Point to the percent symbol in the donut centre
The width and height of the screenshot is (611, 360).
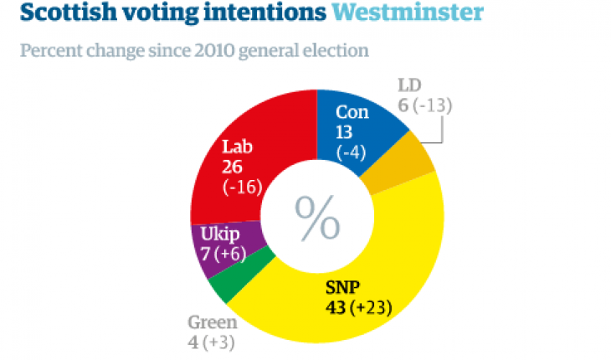click(317, 219)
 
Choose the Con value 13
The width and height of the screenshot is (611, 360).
click(345, 131)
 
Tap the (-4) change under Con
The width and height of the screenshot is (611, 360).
click(351, 152)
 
